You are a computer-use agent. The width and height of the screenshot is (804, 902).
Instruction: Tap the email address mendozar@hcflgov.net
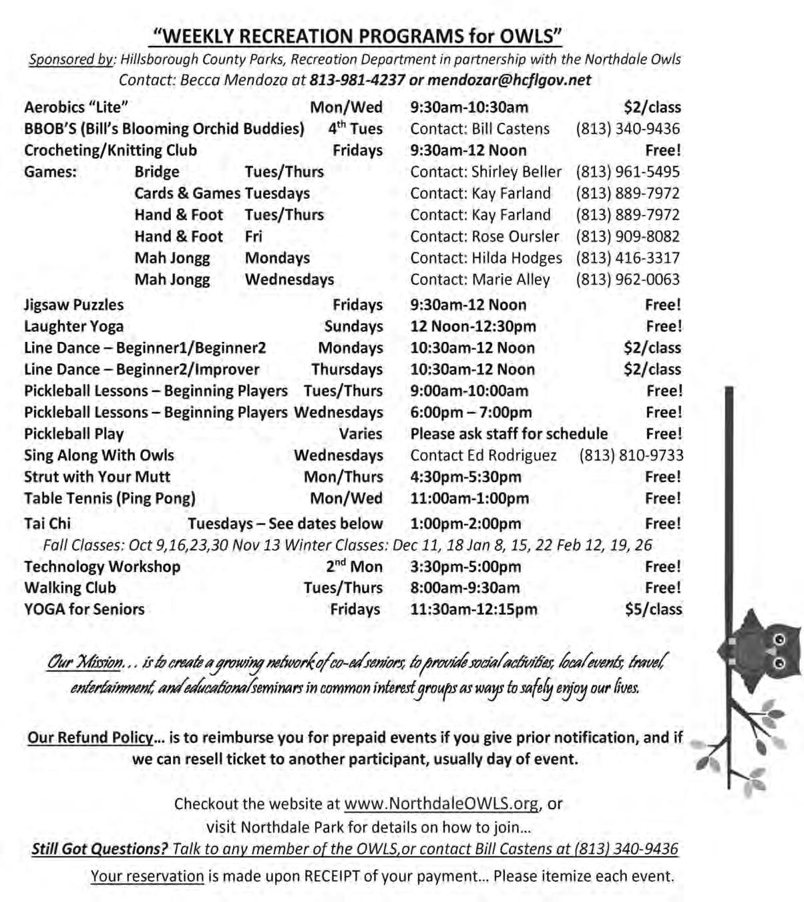[510, 80]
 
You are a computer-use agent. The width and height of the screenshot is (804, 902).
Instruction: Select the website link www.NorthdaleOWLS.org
[441, 804]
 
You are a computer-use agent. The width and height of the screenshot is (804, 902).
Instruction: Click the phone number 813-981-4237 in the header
[357, 80]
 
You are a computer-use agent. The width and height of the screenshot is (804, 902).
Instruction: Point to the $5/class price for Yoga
[653, 610]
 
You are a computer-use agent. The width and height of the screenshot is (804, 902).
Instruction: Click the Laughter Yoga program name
[73, 326]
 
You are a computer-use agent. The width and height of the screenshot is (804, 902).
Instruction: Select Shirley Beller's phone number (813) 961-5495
[628, 172]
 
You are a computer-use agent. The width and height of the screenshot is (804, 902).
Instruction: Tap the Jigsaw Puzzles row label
[73, 305]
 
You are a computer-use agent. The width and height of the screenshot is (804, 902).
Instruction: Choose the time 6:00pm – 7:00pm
[471, 413]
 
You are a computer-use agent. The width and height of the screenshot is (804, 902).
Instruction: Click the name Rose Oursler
[516, 237]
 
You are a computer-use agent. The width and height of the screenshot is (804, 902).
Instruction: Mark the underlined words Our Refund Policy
[90, 738]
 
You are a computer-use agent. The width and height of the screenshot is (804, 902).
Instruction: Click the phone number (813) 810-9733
[631, 455]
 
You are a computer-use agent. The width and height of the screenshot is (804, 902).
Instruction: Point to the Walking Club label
[70, 588]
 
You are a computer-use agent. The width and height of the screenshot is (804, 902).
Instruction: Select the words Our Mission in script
[85, 663]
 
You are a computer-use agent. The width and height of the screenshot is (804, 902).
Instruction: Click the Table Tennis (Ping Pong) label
[110, 499]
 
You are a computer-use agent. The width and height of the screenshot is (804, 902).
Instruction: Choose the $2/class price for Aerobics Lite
[652, 107]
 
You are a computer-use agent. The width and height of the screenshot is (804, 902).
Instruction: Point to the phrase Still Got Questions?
[99, 849]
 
